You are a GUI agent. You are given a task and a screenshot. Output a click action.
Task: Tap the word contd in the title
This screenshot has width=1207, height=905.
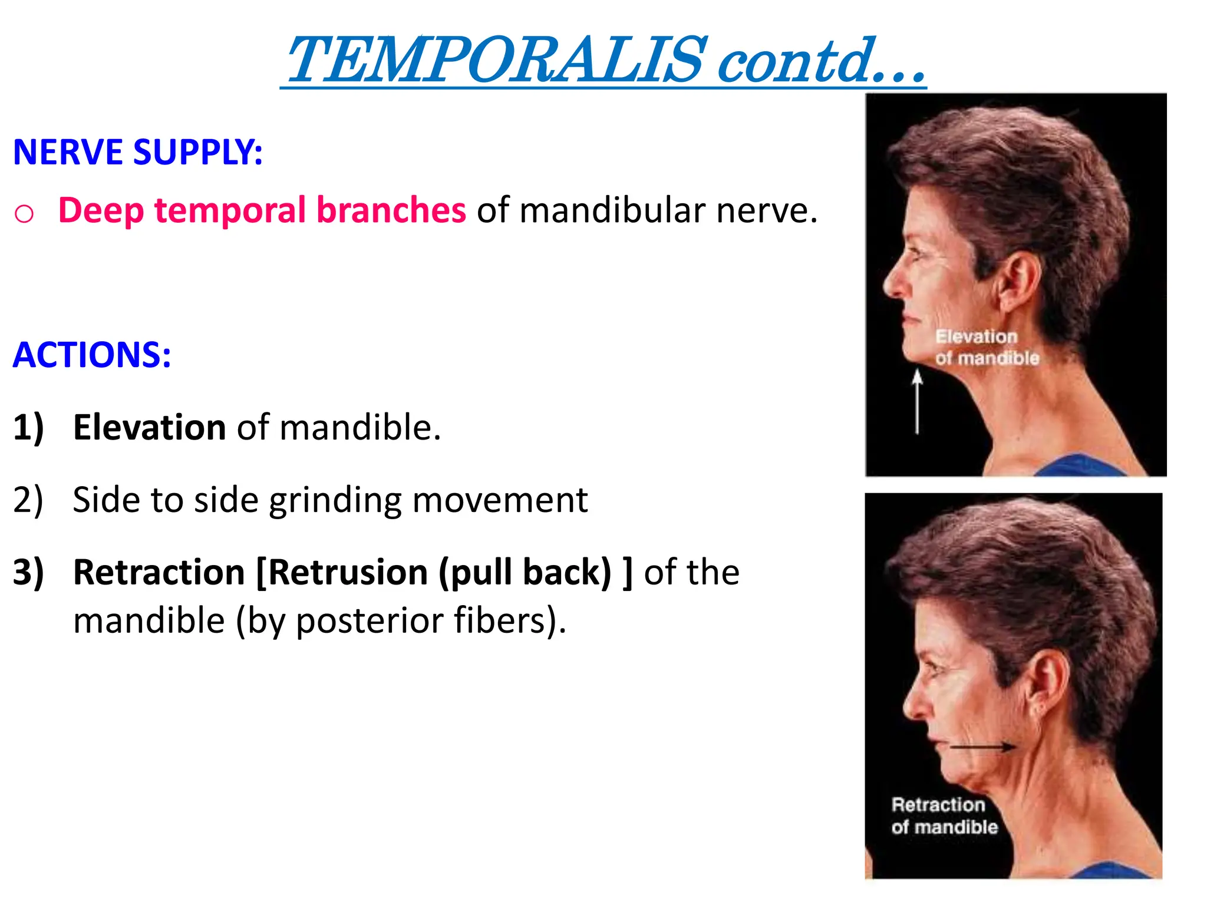(x=796, y=60)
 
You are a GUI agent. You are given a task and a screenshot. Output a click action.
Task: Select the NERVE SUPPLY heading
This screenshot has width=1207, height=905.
(x=138, y=152)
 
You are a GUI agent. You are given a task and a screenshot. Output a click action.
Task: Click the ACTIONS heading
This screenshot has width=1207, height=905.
(x=92, y=355)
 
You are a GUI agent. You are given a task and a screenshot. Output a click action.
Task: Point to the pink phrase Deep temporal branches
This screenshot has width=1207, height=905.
(x=262, y=210)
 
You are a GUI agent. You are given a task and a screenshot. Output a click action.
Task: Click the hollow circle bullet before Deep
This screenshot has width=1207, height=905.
(x=24, y=213)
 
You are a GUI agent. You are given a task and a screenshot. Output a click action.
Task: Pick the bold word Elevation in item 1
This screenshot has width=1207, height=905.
(x=149, y=427)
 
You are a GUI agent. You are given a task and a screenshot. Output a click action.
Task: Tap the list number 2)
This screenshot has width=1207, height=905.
(x=28, y=500)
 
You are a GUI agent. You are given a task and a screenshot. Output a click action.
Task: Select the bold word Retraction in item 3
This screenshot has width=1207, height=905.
(x=159, y=572)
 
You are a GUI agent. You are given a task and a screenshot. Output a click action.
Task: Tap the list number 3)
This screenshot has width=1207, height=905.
(x=28, y=572)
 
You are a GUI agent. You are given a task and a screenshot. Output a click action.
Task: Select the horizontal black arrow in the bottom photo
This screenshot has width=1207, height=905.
(x=982, y=747)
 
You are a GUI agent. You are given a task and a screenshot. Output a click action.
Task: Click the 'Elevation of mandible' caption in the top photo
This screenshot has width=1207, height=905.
(x=987, y=347)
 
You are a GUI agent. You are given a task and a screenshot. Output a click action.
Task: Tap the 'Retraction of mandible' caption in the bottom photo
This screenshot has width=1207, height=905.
(x=944, y=816)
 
